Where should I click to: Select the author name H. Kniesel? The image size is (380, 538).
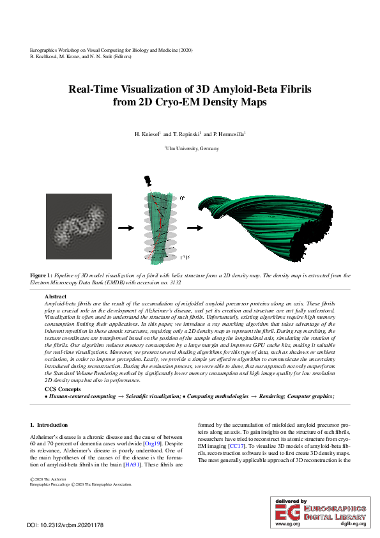tap(146, 135)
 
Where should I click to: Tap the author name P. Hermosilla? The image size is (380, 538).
tap(227, 135)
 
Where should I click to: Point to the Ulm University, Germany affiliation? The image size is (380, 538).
tap(192, 148)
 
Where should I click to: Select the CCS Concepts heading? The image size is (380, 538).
tap(63, 389)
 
